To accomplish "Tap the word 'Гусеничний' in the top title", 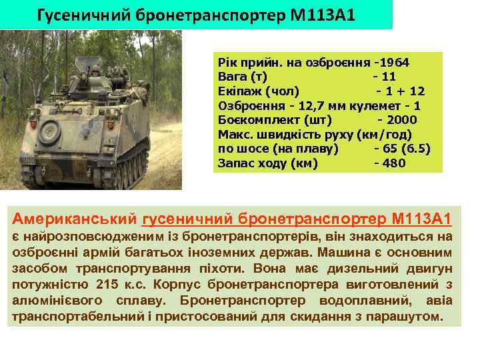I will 79,14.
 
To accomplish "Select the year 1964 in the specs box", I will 395,62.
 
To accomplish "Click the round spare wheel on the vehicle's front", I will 51,133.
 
